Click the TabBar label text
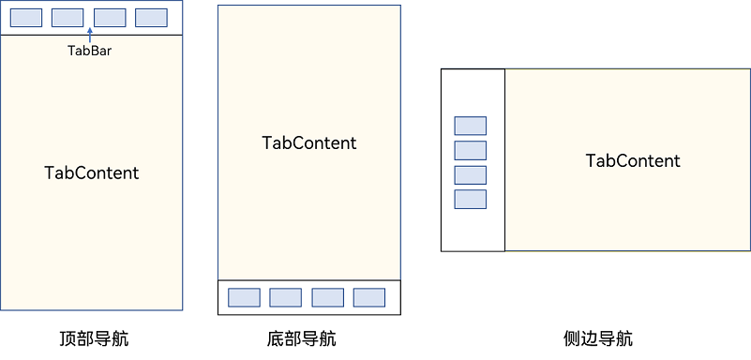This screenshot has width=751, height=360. [x=90, y=51]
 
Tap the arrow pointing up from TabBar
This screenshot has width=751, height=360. [x=90, y=36]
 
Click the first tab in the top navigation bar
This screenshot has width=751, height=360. [x=26, y=18]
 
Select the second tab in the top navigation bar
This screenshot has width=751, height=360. [x=68, y=18]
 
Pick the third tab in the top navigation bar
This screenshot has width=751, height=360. [x=110, y=18]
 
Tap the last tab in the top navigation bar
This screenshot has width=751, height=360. [x=151, y=18]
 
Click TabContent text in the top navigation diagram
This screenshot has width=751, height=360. [x=92, y=173]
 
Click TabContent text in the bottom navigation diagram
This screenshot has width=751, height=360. [x=309, y=143]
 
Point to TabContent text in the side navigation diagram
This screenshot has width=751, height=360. [x=633, y=161]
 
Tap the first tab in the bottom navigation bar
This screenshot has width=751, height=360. [x=244, y=297]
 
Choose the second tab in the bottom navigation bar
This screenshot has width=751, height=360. [x=285, y=297]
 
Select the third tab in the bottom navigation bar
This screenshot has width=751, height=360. [x=327, y=297]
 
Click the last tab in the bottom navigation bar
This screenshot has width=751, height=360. [x=368, y=297]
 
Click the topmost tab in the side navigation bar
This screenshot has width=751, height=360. [x=471, y=126]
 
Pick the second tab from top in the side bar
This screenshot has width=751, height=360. [x=471, y=150]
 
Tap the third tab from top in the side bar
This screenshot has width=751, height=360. [x=471, y=174]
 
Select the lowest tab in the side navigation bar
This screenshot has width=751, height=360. [x=471, y=199]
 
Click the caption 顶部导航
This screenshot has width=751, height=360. [x=93, y=338]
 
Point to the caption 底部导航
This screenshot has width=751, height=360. [x=301, y=338]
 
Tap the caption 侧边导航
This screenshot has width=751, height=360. [x=598, y=338]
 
